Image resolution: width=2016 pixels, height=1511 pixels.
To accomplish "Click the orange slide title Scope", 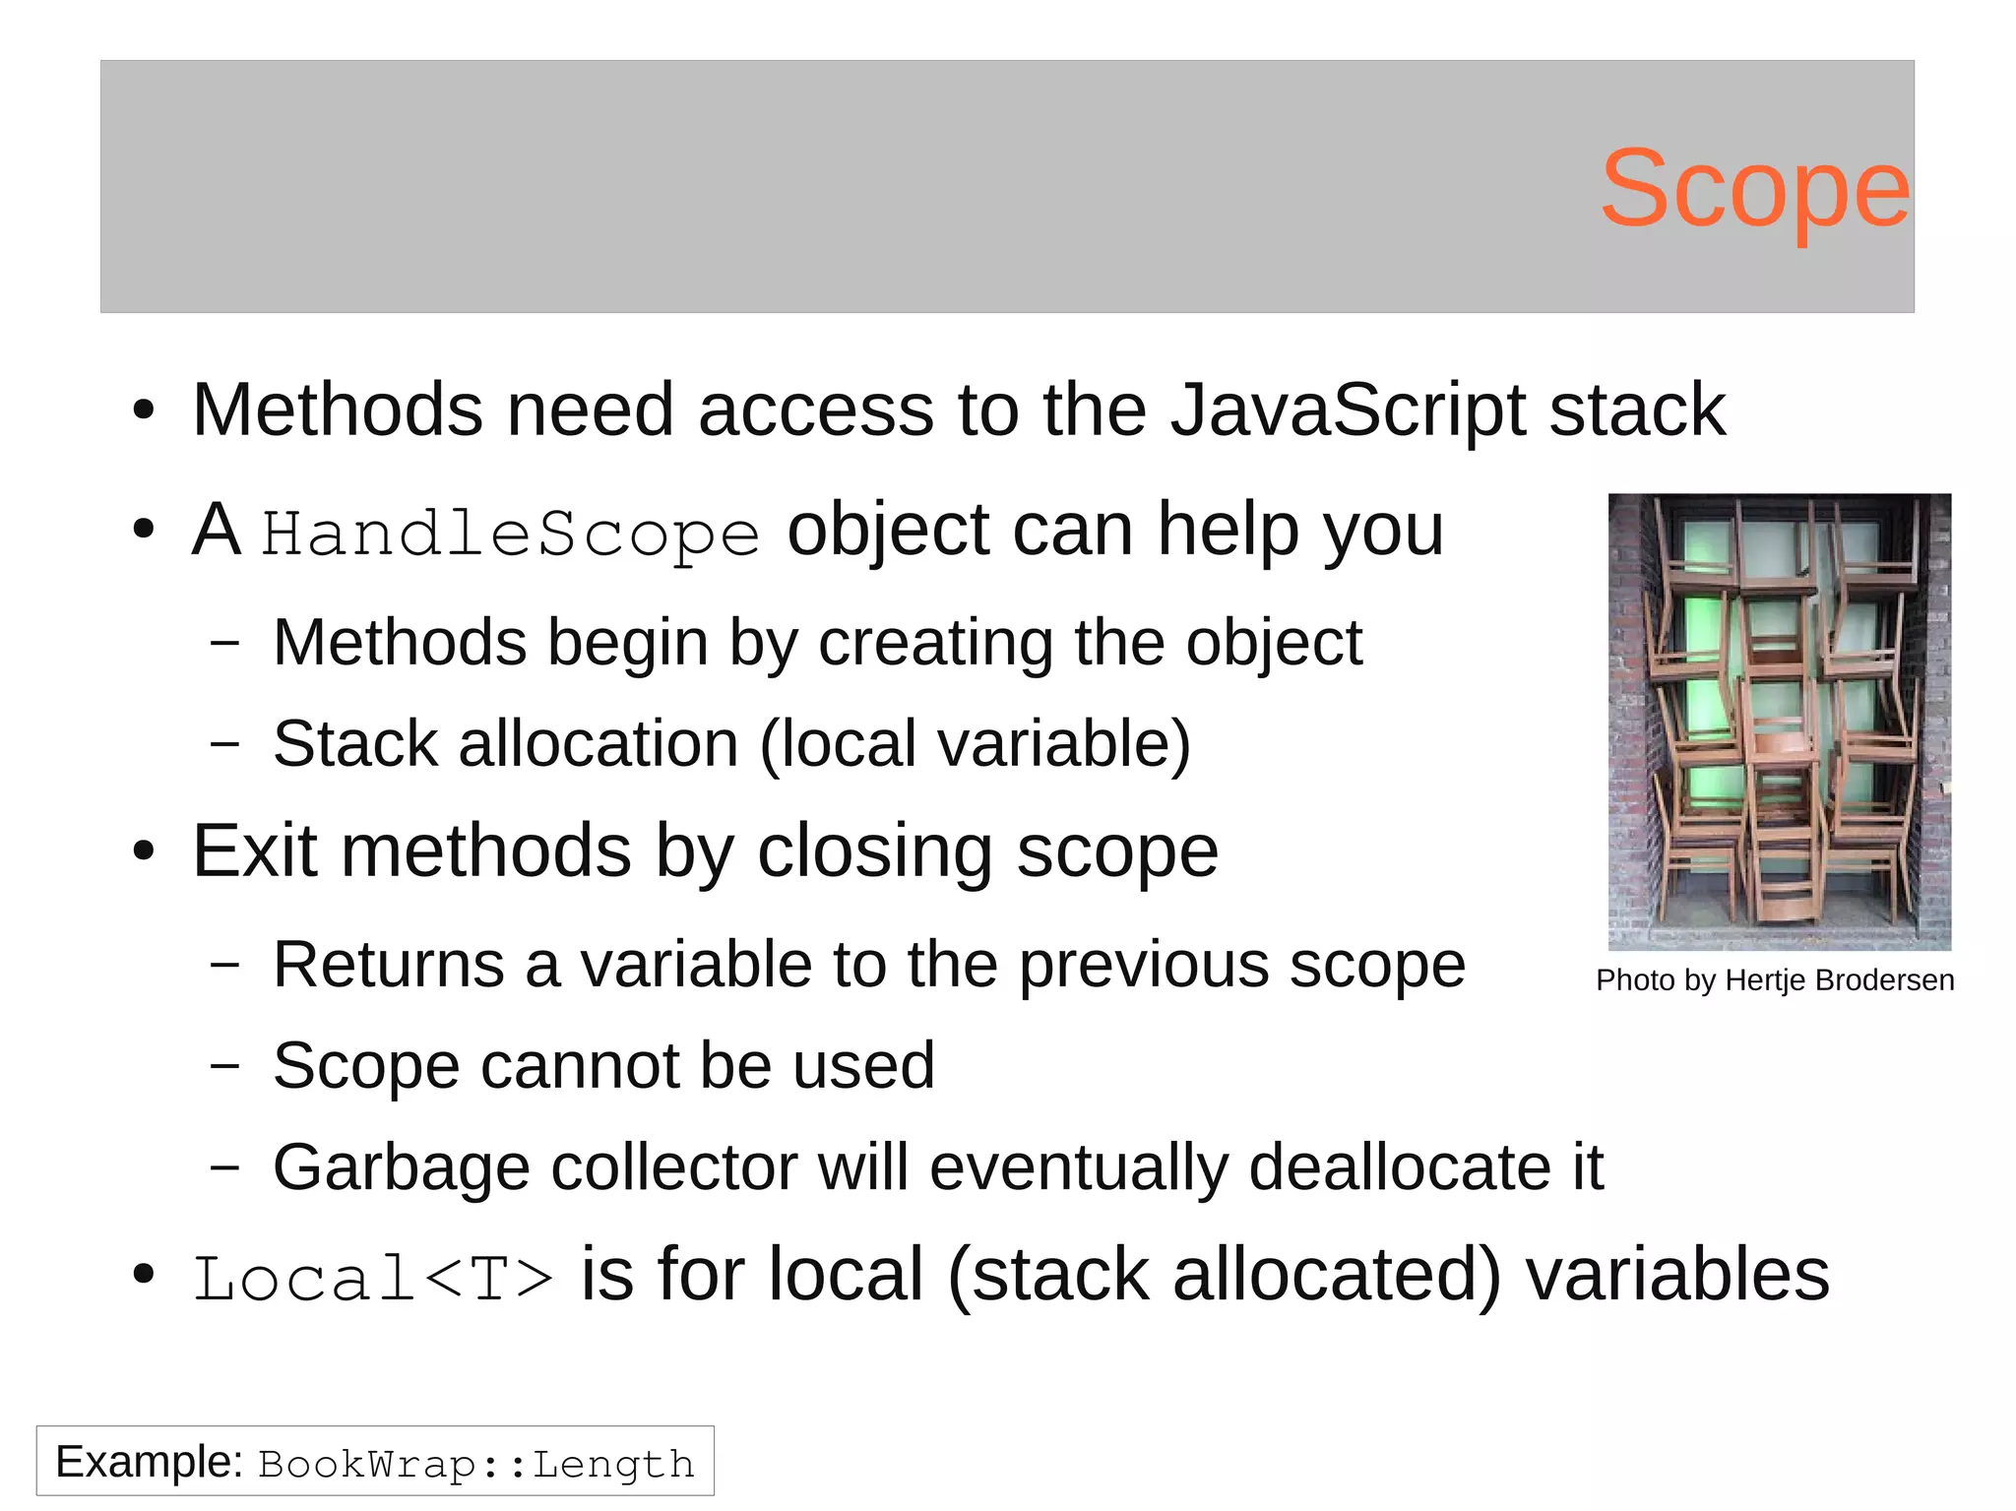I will click(1754, 189).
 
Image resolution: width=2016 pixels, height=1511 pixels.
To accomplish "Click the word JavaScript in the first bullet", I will click(1348, 409).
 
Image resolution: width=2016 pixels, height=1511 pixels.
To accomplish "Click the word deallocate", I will click(1401, 1168).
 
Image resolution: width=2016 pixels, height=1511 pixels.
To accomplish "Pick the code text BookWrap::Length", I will click(476, 1465).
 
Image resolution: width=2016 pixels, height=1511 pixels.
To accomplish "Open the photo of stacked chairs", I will click(1779, 722).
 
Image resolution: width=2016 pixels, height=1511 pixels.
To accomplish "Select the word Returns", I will click(388, 965).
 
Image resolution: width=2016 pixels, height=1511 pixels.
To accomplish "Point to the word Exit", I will click(254, 851).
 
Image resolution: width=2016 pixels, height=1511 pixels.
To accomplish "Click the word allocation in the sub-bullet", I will click(598, 743).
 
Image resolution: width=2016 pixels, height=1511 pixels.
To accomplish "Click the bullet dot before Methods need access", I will click(144, 411).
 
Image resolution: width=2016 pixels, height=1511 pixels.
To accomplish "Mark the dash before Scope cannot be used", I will click(224, 1066).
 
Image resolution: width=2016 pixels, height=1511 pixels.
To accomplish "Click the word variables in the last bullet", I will click(1676, 1276).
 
